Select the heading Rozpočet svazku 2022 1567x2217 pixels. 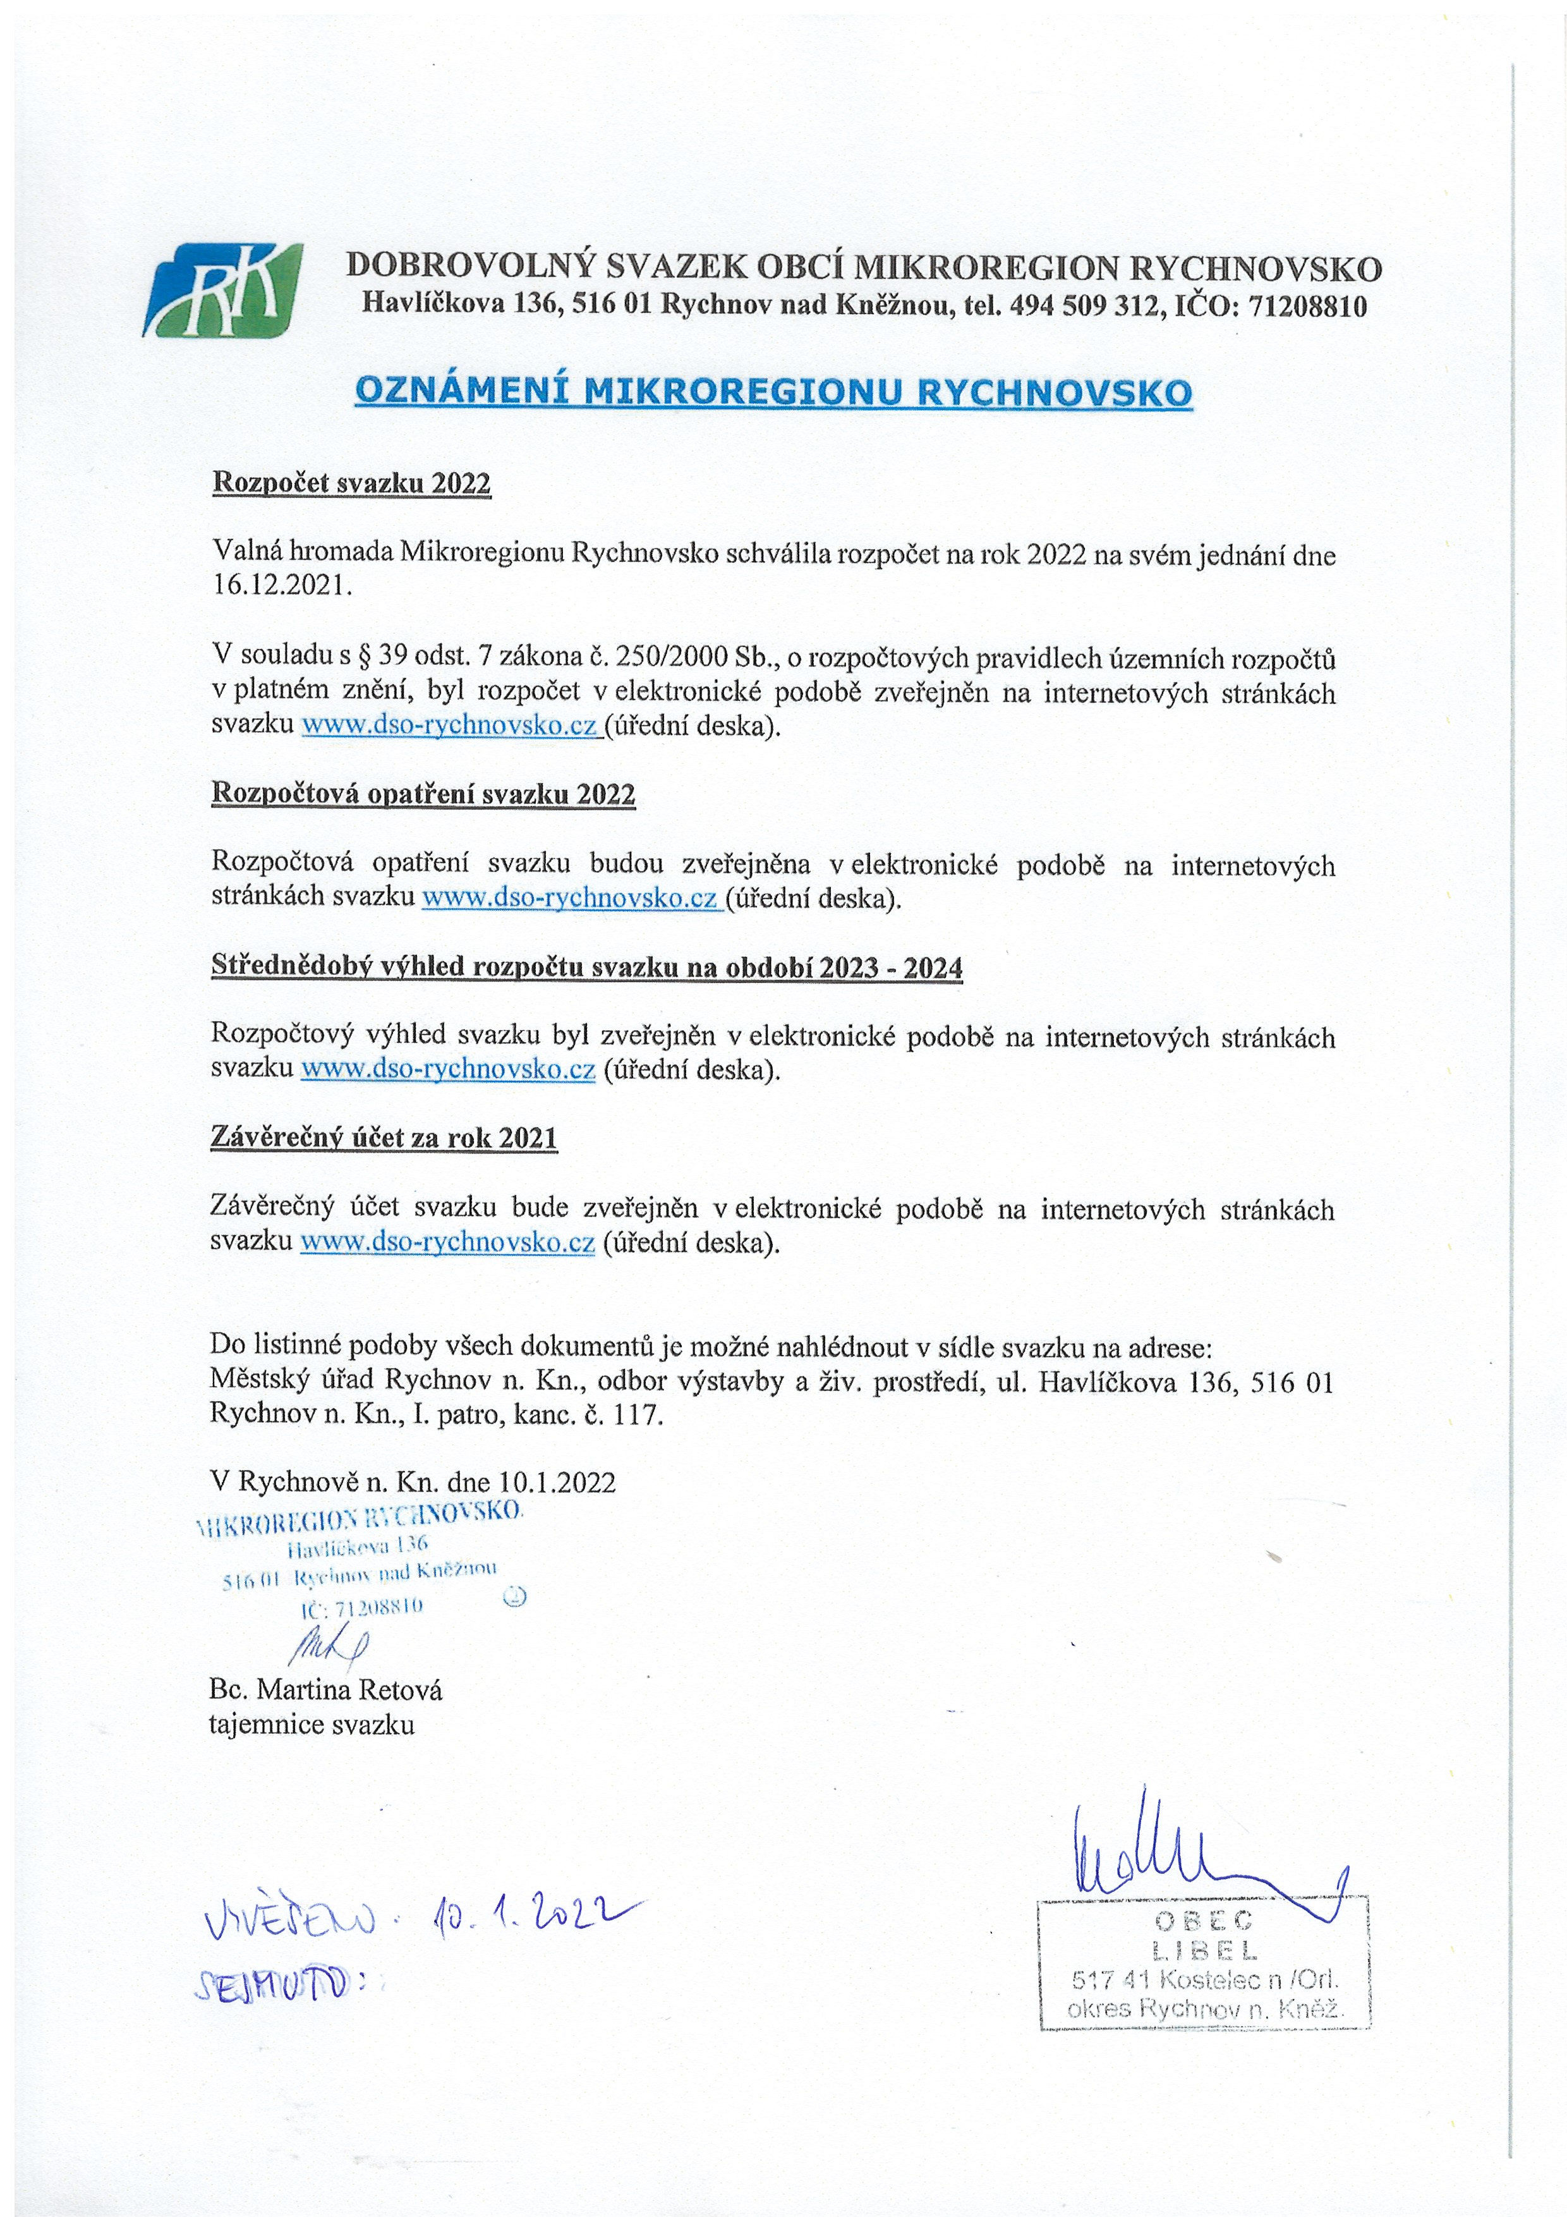(x=351, y=483)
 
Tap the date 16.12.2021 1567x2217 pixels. (x=281, y=586)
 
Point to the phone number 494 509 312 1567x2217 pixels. (x=1084, y=306)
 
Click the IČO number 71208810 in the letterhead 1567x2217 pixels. (x=1307, y=306)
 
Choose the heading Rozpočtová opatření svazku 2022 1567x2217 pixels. (x=423, y=794)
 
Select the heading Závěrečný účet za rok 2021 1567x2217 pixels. (x=384, y=1138)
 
